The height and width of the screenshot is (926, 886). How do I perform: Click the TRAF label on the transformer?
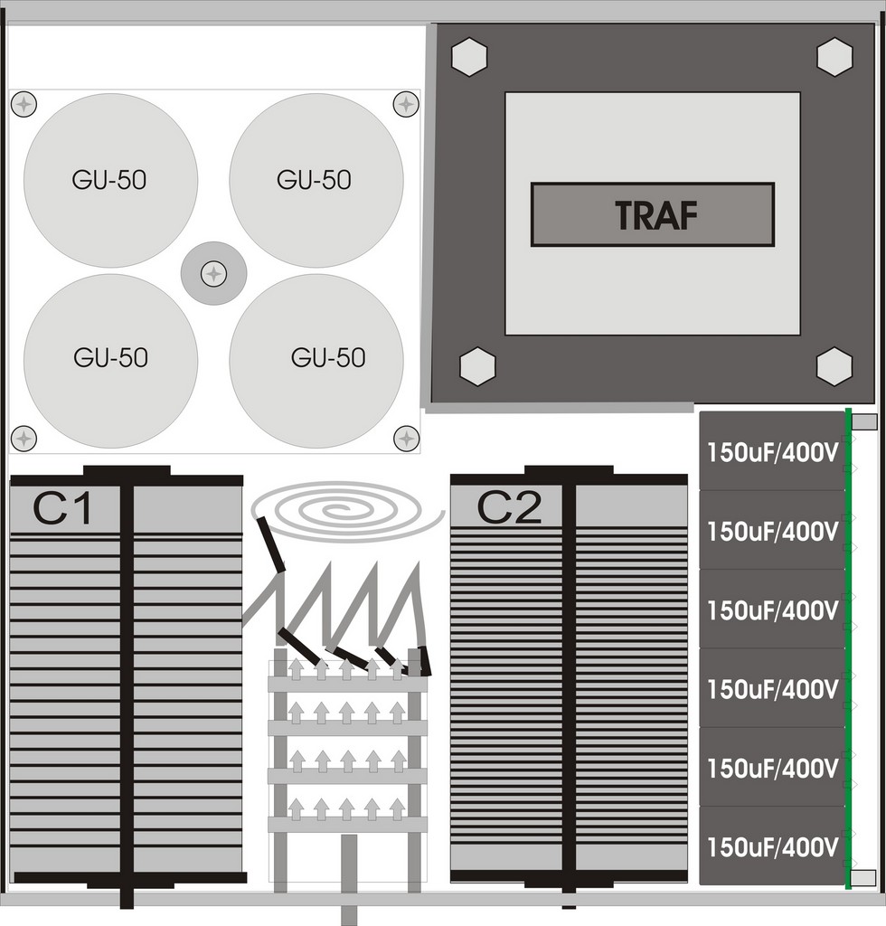point(655,214)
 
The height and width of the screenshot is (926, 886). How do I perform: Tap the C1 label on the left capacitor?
point(62,508)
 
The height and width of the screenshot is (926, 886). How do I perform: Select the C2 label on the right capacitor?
point(509,507)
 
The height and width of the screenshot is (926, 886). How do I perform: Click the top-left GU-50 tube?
point(110,180)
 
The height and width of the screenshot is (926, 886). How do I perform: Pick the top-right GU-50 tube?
point(316,180)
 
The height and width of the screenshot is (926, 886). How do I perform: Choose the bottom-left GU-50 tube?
point(110,361)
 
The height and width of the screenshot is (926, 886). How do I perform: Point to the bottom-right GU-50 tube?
point(316,361)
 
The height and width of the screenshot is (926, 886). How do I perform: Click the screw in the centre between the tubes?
point(213,273)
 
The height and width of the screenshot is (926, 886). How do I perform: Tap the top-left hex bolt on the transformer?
point(468,57)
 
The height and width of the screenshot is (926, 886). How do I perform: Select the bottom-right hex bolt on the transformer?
point(834,366)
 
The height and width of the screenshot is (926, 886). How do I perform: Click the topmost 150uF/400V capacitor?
point(773,451)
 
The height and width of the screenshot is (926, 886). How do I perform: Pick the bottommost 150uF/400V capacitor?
point(773,846)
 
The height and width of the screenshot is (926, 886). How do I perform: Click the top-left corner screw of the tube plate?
point(24,105)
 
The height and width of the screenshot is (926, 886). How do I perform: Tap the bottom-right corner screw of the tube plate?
point(406,439)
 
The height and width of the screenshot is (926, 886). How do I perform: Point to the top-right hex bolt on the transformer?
point(834,57)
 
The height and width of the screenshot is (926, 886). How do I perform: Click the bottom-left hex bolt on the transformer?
point(477,366)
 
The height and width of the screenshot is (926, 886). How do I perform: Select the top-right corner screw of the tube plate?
point(406,105)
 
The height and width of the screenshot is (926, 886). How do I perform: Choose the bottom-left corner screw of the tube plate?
point(24,439)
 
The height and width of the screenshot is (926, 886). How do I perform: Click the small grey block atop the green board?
point(864,421)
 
